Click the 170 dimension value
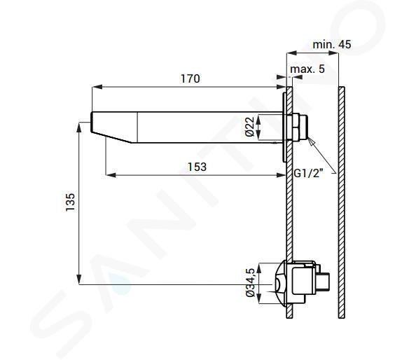pos(190,78)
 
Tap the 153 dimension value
pos(197,167)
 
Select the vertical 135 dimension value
pos(70,202)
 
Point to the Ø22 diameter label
pos(249,127)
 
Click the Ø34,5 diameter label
pos(250,282)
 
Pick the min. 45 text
pos(332,45)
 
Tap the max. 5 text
pos(307,69)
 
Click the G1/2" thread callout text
pos(309,174)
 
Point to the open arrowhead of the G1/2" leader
pos(311,140)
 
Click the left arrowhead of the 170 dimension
pos(97,87)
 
